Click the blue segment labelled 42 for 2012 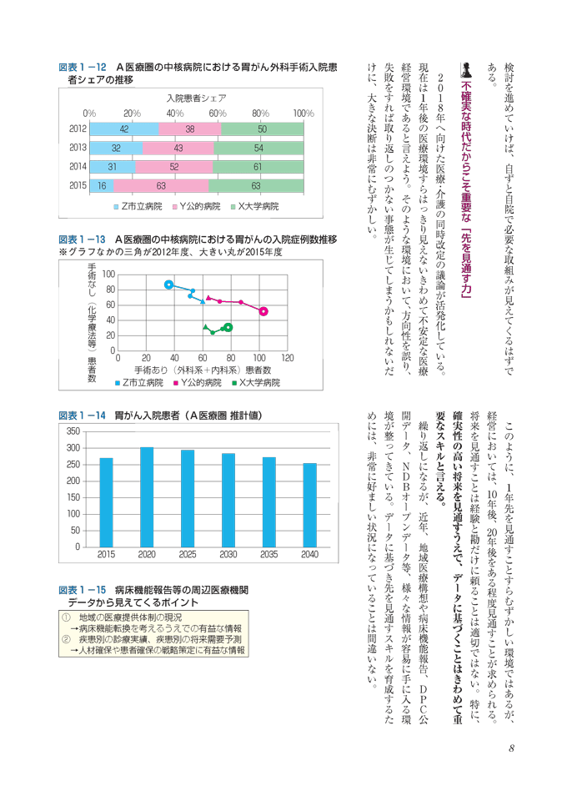[124, 129]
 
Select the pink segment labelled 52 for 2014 [174, 167]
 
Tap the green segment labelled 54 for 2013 [258, 149]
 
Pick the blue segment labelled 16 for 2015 [102, 186]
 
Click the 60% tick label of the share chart [218, 113]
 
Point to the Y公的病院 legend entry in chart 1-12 [197, 206]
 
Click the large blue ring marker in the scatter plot [169, 285]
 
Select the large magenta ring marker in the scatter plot [263, 311]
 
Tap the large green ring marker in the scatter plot [228, 327]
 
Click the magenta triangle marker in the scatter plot [208, 298]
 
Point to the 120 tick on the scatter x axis [288, 358]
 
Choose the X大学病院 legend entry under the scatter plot [256, 383]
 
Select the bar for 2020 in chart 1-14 [147, 497]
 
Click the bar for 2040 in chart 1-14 [310, 506]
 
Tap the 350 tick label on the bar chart [73, 431]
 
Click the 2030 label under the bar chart [228, 555]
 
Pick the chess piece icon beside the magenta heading [465, 69]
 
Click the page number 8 [511, 748]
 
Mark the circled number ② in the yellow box [66, 640]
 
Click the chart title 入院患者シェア [197, 98]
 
